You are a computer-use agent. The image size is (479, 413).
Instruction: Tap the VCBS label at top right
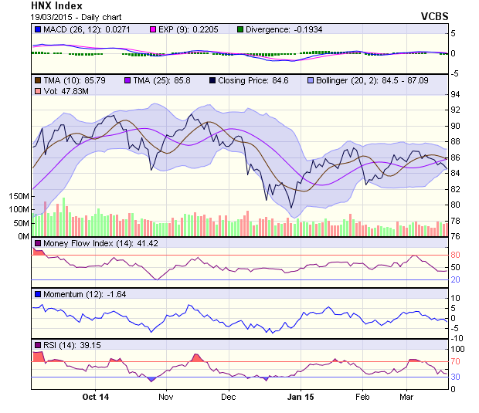point(434,16)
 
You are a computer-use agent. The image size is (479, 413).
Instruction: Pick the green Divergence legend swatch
point(240,29)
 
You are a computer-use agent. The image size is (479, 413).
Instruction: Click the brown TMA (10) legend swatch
point(36,80)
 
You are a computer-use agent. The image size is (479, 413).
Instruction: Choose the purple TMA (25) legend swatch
point(127,80)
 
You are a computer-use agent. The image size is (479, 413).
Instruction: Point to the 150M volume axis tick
point(19,197)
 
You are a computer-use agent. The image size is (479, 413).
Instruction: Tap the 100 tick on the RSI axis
point(458,349)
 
